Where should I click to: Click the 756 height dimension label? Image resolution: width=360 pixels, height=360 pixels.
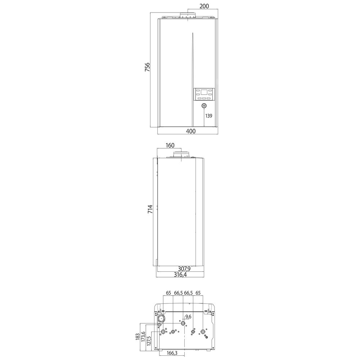tap(147, 67)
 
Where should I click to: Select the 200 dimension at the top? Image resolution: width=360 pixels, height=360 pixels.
tap(204, 6)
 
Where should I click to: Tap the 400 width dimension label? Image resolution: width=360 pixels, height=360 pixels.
tap(191, 131)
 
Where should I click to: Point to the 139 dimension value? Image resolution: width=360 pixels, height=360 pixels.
tap(209, 116)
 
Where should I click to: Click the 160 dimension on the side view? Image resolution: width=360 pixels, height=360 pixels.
tap(170, 145)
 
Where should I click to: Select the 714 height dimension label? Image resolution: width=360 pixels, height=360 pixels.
tap(150, 209)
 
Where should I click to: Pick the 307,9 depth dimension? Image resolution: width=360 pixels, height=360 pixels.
tap(184, 269)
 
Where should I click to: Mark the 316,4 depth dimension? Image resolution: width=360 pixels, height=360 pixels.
tap(180, 275)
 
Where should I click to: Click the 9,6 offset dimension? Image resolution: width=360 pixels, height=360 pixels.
tap(188, 317)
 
